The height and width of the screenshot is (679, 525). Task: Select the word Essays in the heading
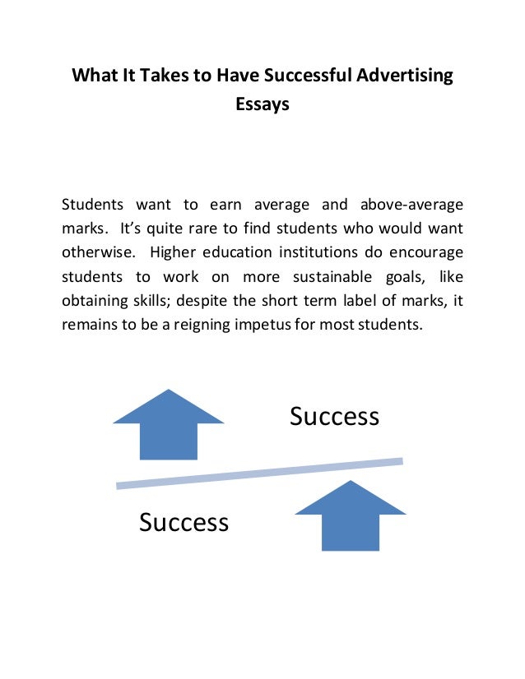click(262, 105)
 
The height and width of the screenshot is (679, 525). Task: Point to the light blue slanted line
click(259, 473)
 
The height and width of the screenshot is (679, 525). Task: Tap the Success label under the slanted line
click(184, 522)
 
